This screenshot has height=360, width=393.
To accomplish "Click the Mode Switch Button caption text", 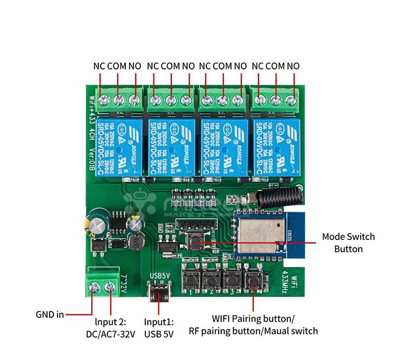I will (x=348, y=242).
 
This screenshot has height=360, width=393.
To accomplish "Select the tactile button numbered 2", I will (x=211, y=280).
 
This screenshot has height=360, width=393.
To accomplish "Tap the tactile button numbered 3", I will (x=231, y=280).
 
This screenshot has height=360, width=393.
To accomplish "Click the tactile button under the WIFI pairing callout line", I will (x=253, y=280).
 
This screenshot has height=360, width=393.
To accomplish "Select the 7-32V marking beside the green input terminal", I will (x=123, y=284).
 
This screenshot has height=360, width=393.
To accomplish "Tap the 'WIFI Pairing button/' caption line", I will (x=253, y=318).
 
